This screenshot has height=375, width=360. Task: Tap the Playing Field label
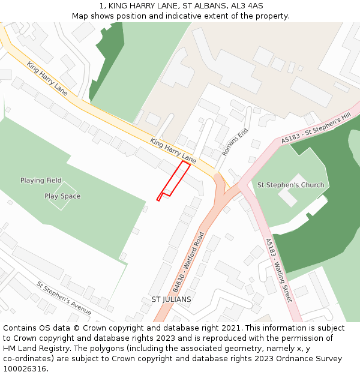(41, 181)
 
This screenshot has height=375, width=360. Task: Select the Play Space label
(62, 196)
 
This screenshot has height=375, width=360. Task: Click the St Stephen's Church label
(290, 185)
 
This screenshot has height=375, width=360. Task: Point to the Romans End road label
(235, 142)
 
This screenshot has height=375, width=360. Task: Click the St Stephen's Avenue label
(64, 298)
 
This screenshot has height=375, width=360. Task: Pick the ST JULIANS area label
(171, 299)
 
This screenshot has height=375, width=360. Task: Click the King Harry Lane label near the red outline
(173, 151)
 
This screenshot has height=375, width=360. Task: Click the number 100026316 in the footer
(25, 368)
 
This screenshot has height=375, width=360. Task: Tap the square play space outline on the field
(62, 196)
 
